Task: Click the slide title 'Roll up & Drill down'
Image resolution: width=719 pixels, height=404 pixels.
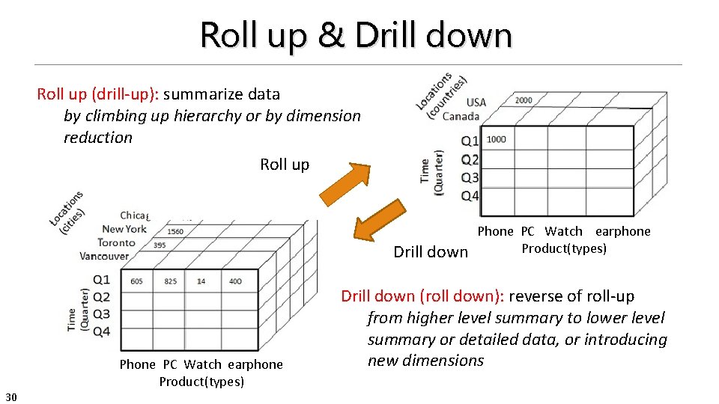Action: (356, 34)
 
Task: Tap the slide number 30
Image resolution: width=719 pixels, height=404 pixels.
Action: (11, 395)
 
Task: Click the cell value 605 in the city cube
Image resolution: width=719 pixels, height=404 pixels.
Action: (136, 281)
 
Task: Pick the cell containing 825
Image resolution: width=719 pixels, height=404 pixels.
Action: (170, 281)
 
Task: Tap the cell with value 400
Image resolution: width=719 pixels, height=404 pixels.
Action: (235, 281)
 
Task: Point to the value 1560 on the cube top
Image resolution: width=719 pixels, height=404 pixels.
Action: (175, 231)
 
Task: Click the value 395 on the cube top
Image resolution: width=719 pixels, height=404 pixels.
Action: (160, 245)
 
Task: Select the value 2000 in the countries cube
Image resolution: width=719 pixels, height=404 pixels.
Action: (524, 100)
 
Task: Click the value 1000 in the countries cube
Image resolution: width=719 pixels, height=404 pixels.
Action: (496, 139)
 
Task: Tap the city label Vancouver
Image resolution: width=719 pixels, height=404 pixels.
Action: (104, 256)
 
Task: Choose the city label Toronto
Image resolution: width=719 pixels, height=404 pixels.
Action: (116, 242)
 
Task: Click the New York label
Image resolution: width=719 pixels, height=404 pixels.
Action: (124, 229)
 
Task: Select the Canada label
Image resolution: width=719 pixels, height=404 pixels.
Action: (461, 116)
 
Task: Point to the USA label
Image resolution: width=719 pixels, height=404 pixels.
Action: (476, 102)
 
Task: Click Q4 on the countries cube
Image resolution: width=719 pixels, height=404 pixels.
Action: (470, 196)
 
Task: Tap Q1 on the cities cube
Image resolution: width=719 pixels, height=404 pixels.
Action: (101, 280)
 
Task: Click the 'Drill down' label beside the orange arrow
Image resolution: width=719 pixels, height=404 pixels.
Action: (431, 252)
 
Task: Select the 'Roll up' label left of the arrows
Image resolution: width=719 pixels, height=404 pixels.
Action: (285, 165)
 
